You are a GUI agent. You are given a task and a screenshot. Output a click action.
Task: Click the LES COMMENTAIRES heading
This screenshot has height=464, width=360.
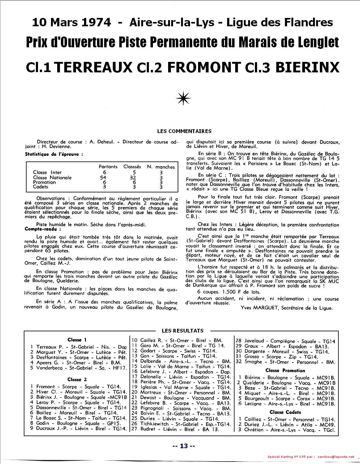coord(184,131)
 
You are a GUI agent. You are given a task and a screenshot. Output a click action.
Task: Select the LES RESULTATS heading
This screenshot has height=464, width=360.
coord(183,330)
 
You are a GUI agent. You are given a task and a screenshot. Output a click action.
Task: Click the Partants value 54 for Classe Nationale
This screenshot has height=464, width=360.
coord(103,178)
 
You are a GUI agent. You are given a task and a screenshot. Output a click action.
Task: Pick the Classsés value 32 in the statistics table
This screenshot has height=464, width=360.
coord(132,178)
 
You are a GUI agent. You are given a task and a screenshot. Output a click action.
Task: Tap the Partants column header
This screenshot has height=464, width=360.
coord(108,167)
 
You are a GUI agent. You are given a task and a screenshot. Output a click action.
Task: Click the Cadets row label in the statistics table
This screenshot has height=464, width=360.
coord(40,187)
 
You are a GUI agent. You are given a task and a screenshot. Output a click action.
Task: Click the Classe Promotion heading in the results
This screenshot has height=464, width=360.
coord(285,371)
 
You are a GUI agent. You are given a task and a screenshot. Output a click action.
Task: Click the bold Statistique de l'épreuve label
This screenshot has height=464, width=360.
coord(54,154)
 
